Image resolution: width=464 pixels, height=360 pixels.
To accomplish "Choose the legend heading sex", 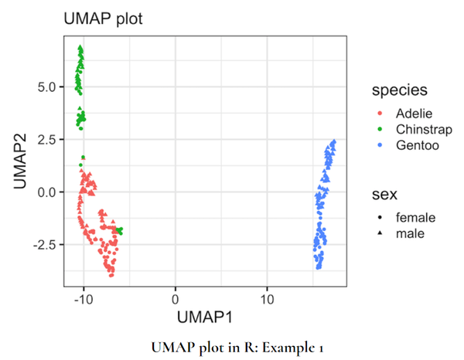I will [x=384, y=194].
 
